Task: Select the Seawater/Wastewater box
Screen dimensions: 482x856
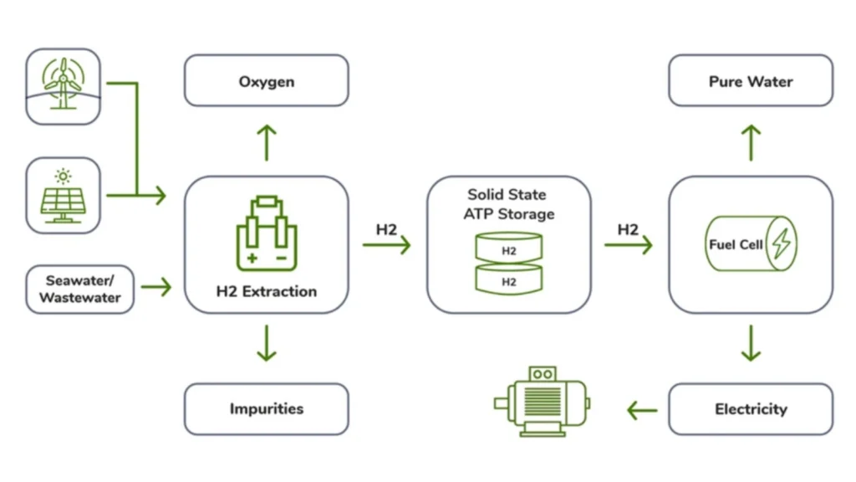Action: [x=79, y=290]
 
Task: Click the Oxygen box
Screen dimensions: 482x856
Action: [x=266, y=81]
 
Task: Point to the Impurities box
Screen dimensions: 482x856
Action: [x=266, y=409]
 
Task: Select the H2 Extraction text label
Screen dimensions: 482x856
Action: [x=266, y=292]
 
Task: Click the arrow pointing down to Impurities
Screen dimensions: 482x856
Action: [x=266, y=344]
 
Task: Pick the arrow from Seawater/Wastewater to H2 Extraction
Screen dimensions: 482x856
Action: [x=156, y=288]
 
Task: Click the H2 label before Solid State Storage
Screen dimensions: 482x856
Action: [x=385, y=230]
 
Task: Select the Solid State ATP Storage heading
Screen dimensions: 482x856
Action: [x=508, y=204]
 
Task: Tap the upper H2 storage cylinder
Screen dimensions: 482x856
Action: [x=508, y=249]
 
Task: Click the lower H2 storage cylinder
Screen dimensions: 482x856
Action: [x=508, y=279]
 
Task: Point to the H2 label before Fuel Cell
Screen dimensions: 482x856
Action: [x=629, y=230]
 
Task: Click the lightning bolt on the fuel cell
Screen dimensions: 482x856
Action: [x=781, y=244]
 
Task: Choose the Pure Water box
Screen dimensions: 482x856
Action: [x=751, y=81]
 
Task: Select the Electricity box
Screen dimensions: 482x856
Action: [x=751, y=409]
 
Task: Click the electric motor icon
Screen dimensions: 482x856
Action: [x=543, y=402]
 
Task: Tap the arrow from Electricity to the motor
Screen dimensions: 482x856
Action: [x=642, y=410]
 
